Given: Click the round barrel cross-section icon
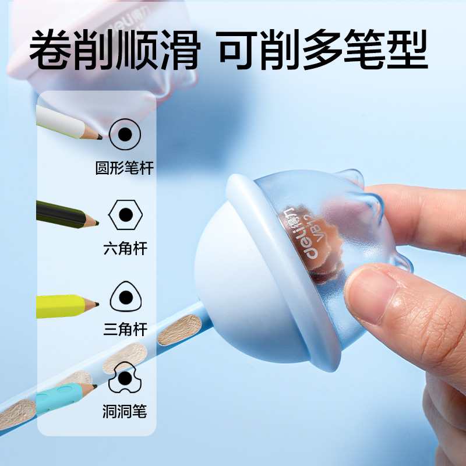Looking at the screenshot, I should [125, 135].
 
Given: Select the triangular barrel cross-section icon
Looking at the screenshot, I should [125, 298].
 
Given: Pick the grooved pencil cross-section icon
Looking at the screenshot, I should [125, 377].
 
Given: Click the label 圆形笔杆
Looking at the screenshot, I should [125, 169].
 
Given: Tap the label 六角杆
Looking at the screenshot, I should [125, 249].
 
